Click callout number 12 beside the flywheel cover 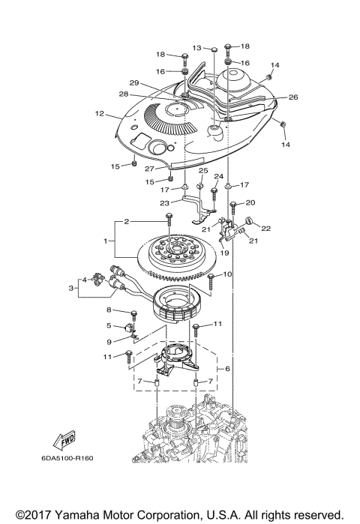[x=99, y=114]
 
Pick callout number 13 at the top [x=198, y=47]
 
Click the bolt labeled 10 [x=212, y=280]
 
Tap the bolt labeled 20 [x=233, y=204]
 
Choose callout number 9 [x=108, y=342]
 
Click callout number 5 [x=108, y=326]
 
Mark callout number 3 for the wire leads [x=72, y=287]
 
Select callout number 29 [x=133, y=82]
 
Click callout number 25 [x=202, y=172]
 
